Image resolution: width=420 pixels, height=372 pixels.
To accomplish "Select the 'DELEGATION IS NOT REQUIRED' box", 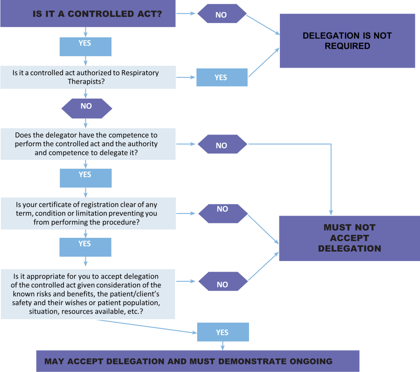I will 347,41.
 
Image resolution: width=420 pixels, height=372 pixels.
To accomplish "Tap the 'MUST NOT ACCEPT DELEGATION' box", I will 349,238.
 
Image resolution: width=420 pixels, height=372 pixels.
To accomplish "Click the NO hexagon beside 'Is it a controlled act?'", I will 222,15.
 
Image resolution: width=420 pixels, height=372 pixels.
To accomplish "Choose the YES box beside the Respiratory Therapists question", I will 222,78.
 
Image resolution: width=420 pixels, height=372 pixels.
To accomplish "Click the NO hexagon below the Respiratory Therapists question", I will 87,106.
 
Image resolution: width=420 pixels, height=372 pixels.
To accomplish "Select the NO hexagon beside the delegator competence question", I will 222,145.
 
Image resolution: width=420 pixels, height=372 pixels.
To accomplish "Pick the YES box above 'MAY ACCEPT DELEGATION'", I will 222,332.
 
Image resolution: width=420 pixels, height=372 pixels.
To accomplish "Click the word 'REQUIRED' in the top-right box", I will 347,46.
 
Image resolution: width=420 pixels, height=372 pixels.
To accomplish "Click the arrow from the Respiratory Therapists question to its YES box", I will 185,78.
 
